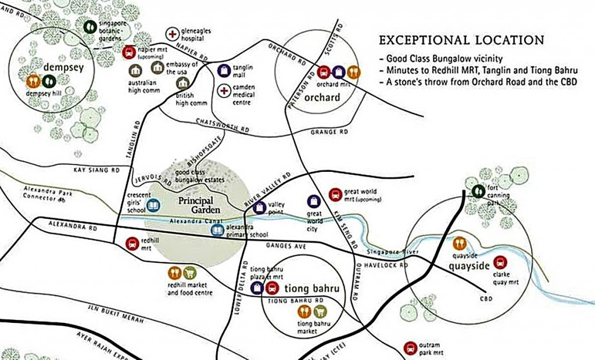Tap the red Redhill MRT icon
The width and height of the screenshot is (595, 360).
pos(132,243)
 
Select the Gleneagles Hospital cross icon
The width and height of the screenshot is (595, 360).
pos(172,34)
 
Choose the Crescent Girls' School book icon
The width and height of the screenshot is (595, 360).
pos(153,206)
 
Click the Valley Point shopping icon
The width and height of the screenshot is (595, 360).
pos(260,206)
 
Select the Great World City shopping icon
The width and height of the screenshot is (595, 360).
pos(314,201)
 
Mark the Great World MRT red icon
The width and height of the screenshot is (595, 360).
pos(335,195)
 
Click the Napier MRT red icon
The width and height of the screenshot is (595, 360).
pos(130,53)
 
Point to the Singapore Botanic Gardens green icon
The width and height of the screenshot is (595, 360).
pos(90,26)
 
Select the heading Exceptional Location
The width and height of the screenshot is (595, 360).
pos(461,41)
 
